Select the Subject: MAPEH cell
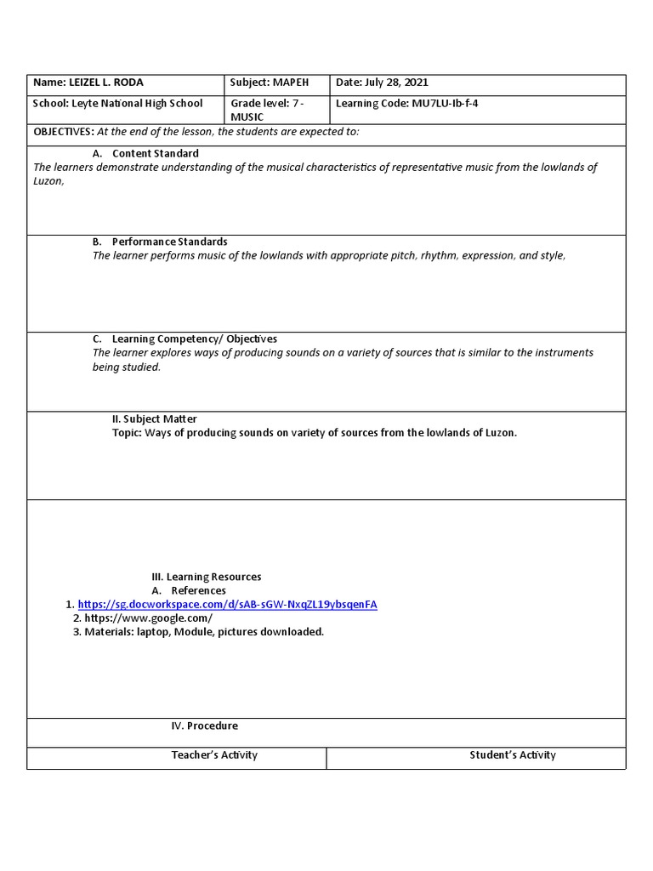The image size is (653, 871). tap(270, 83)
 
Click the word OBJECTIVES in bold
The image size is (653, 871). tap(63, 132)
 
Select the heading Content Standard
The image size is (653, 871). tap(155, 153)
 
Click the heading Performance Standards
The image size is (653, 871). tap(169, 242)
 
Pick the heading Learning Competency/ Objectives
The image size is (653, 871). tap(194, 339)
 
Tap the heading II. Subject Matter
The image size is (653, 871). tap(154, 418)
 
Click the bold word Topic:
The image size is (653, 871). tap(127, 432)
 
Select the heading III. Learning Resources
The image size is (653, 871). tap(207, 577)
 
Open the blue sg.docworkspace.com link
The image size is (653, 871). tap(227, 605)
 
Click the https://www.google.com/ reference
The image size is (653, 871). tap(148, 618)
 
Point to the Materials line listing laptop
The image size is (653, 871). tap(204, 632)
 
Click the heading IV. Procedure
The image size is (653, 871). tap(204, 726)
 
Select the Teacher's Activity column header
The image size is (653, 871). tap(214, 754)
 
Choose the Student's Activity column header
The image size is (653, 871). tap(513, 754)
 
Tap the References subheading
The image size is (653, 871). tap(198, 590)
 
